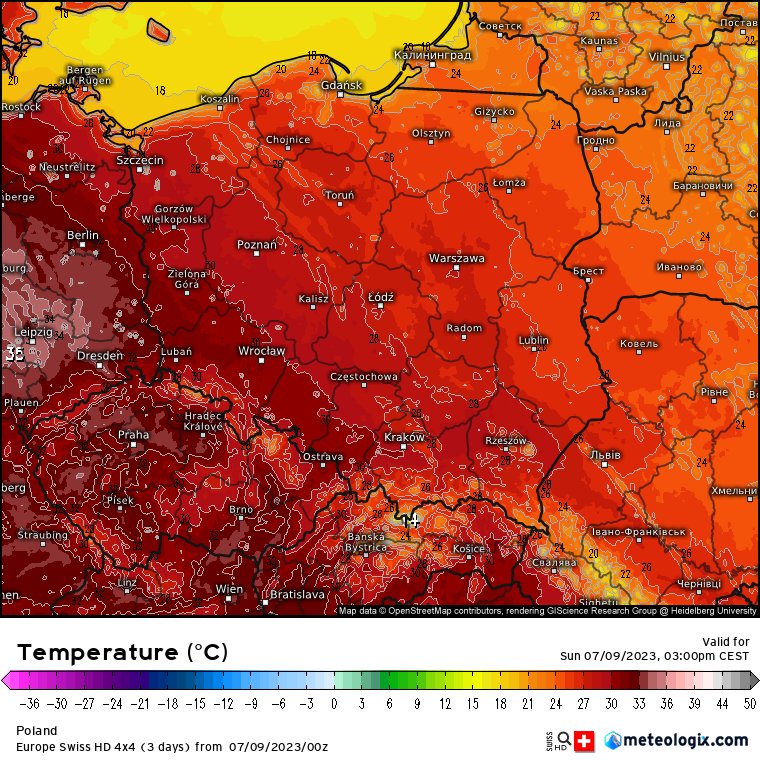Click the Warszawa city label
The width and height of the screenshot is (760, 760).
(x=456, y=258)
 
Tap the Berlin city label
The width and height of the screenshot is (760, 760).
(x=83, y=235)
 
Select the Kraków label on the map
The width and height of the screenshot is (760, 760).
(x=404, y=437)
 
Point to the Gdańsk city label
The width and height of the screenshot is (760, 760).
(x=342, y=85)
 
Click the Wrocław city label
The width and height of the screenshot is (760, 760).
(x=261, y=351)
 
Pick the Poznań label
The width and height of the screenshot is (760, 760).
(x=256, y=244)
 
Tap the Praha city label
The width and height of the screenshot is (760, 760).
(x=133, y=435)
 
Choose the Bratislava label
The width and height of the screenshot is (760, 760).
(x=297, y=594)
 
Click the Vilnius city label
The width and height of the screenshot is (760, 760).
(x=667, y=57)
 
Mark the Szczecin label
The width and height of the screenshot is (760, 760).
(x=139, y=160)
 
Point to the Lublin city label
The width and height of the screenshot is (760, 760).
(x=533, y=340)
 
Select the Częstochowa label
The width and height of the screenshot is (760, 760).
(x=364, y=377)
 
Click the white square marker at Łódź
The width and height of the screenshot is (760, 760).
(x=380, y=306)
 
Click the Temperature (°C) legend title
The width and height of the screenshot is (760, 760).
(x=122, y=653)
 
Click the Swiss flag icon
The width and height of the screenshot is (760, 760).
(x=587, y=741)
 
